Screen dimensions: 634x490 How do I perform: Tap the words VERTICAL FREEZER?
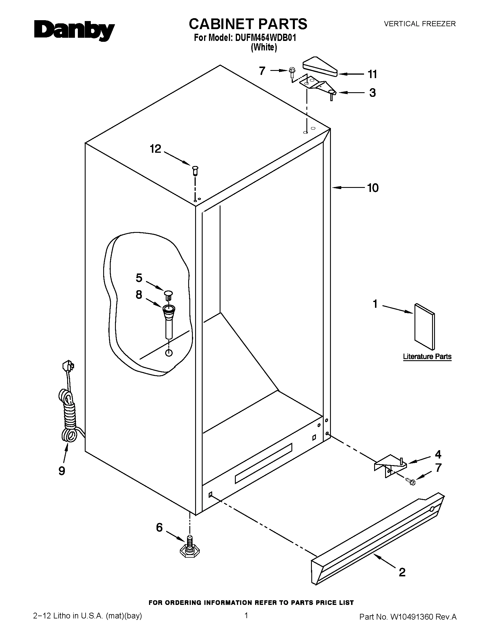pos(420,24)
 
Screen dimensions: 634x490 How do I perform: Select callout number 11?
pos(372,74)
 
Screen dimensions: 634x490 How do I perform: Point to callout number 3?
pos(372,93)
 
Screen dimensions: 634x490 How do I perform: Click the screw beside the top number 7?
pos(291,72)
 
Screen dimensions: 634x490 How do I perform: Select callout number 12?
pos(155,149)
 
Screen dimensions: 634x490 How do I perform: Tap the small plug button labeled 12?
pos(195,170)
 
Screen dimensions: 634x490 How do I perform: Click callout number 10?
pos(373,188)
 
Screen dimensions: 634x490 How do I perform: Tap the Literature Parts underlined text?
pos(427,356)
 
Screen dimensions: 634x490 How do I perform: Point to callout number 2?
pos(402,572)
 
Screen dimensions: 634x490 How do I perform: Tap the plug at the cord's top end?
pos(68,366)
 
